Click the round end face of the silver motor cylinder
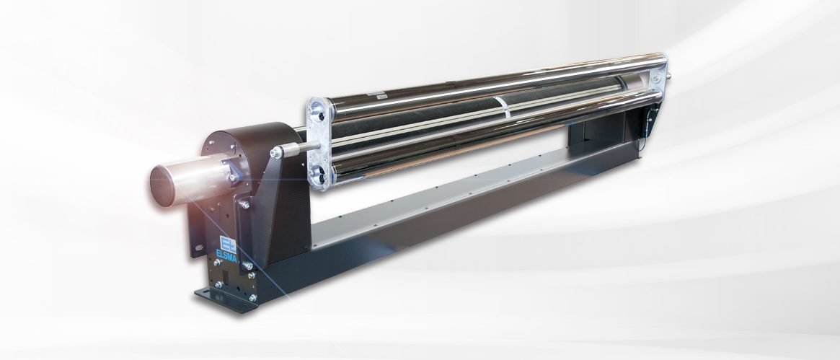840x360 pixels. [162, 186]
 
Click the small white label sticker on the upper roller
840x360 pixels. [381, 96]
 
